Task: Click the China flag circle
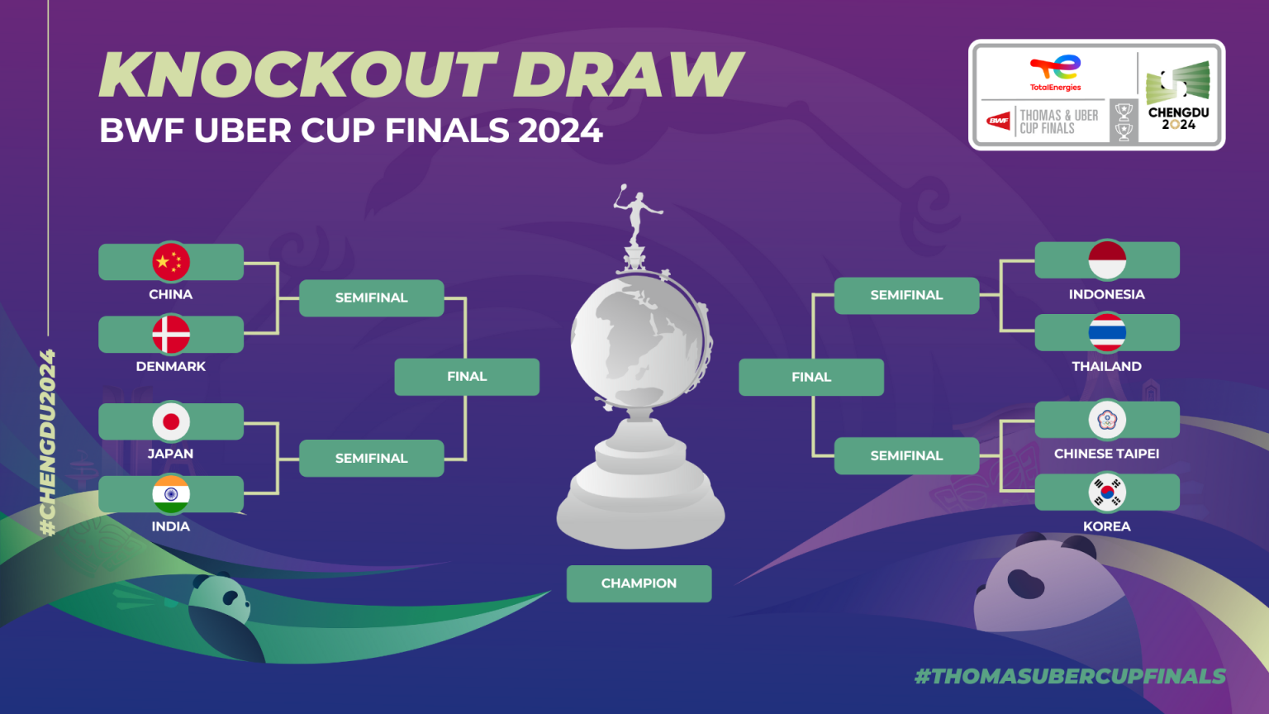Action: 170,262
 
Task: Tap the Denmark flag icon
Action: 170,335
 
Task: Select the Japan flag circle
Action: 170,421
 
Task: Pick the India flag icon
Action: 170,494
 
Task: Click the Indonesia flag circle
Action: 1107,260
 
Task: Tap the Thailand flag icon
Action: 1107,333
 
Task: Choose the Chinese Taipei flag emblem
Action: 1107,420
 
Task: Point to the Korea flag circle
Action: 1107,493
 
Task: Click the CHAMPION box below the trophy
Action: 639,583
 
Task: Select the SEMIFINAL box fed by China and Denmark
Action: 372,297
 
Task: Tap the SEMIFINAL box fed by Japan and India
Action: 372,458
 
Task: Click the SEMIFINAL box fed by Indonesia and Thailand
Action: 906,295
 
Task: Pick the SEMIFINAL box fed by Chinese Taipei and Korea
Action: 906,455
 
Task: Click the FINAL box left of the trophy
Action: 467,376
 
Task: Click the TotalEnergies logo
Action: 1055,73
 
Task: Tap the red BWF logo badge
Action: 998,120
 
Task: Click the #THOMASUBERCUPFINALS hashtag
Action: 1070,676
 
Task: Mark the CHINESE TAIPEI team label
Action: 1106,454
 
